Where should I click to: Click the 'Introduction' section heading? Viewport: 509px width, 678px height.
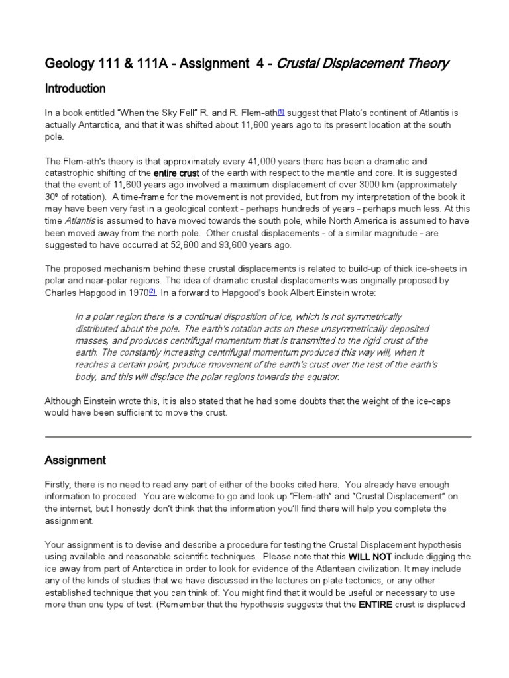pyautogui.click(x=74, y=89)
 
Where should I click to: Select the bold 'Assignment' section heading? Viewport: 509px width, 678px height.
pyautogui.click(x=75, y=460)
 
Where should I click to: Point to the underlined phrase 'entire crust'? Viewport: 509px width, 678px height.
pyautogui.click(x=176, y=173)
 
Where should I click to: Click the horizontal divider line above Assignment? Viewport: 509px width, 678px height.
pyautogui.click(x=257, y=437)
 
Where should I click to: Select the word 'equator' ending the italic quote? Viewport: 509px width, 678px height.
pyautogui.click(x=320, y=377)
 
